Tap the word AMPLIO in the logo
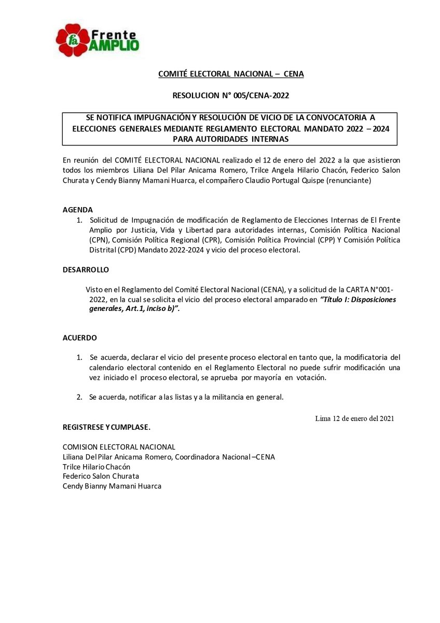point(115,45)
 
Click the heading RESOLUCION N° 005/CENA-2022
point(230,96)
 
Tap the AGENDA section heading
point(77,210)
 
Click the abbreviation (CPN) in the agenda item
point(99,240)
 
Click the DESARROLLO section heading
point(86,270)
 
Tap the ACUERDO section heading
point(80,337)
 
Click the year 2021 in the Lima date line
point(384,418)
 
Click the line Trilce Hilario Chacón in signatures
point(97,467)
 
